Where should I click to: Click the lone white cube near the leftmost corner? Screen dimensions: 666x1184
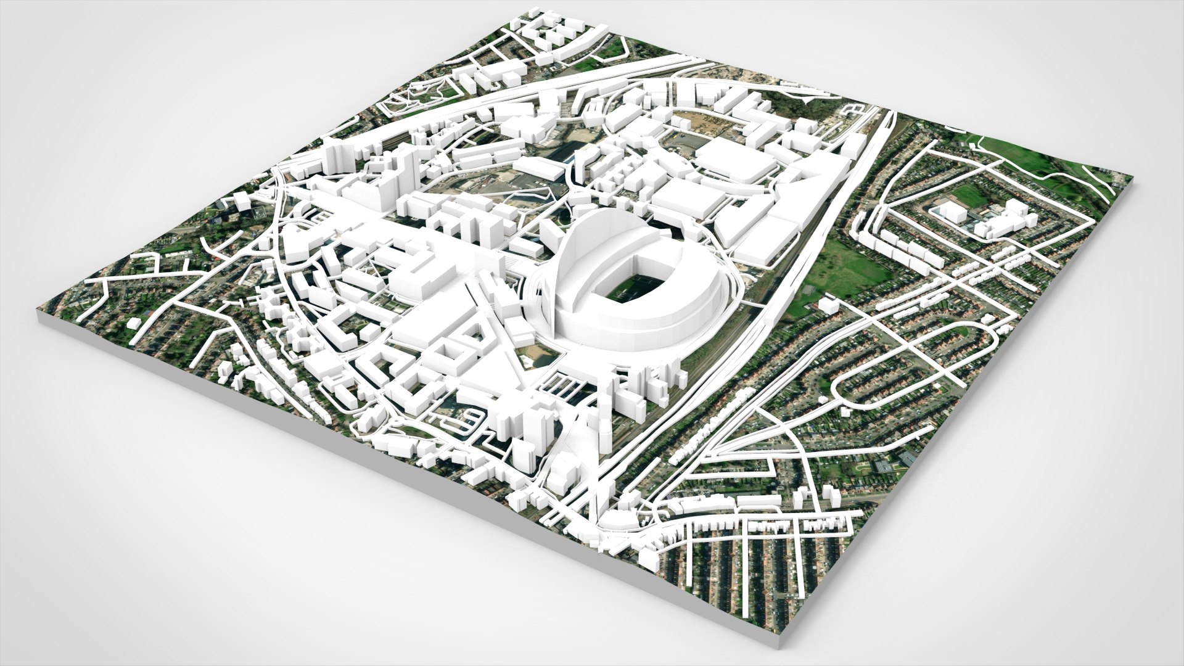(x=133, y=324)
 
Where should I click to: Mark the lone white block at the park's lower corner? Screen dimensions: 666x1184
(x=828, y=306)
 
